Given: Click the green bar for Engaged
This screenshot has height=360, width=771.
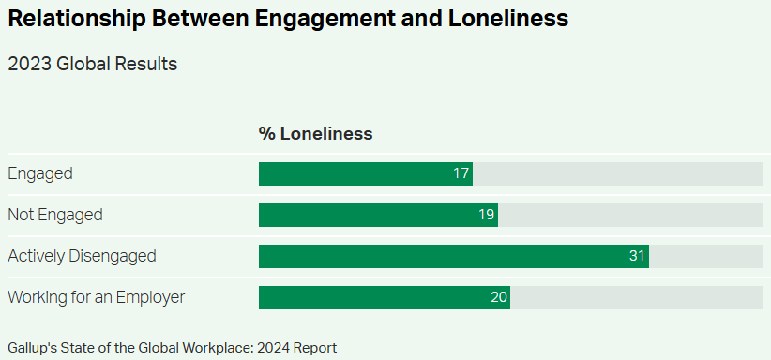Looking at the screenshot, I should [x=366, y=173].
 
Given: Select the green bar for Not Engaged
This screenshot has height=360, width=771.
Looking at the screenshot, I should [x=378, y=215].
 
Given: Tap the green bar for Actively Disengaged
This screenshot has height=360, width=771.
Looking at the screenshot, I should [x=453, y=256].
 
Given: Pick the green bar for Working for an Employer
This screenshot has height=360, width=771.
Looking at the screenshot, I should [x=385, y=297].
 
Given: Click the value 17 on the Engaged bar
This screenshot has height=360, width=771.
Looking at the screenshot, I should [x=461, y=173].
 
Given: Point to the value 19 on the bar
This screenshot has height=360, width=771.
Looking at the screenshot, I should [x=486, y=215].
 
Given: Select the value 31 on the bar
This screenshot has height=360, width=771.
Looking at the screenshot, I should [x=637, y=256].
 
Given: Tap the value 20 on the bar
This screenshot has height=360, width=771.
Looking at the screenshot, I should [x=498, y=297].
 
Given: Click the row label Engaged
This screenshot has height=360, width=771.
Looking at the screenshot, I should [x=40, y=173].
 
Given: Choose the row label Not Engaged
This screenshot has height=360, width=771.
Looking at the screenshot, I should [x=55, y=215].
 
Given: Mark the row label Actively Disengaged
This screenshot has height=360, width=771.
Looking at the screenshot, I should [x=82, y=256].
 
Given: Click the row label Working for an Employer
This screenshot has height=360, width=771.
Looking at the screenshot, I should [x=97, y=297].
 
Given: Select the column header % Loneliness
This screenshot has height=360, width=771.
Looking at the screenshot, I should [x=315, y=134].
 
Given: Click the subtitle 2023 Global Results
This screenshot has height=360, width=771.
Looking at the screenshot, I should [x=93, y=64].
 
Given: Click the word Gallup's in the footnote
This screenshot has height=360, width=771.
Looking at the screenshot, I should [x=32, y=348].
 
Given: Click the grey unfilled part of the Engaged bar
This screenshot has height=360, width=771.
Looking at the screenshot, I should [x=617, y=173].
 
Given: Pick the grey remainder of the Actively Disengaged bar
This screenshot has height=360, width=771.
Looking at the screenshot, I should [x=705, y=256].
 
